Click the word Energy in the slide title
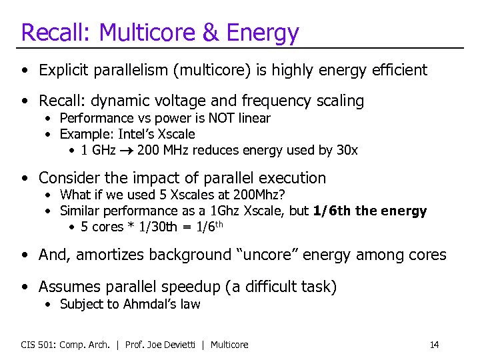pyautogui.click(x=264, y=32)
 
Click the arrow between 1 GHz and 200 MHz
pyautogui.click(x=126, y=150)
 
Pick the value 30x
pyautogui.click(x=347, y=150)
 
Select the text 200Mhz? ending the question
pyautogui.click(x=261, y=195)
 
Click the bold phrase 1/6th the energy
pyautogui.click(x=369, y=211)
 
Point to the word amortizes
pyautogui.click(x=107, y=255)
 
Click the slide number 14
pyautogui.click(x=434, y=345)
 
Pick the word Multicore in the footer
pyautogui.click(x=229, y=345)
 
